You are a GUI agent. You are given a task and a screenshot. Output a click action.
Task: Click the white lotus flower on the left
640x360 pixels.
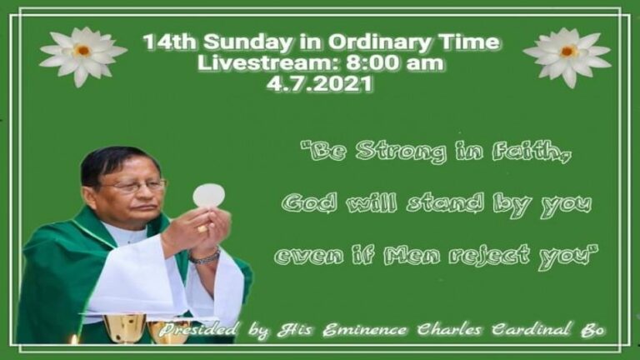coord(83,57)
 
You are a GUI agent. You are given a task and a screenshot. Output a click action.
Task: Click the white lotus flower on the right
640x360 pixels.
coord(567,57)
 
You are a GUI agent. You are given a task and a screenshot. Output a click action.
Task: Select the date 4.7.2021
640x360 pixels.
coord(320,83)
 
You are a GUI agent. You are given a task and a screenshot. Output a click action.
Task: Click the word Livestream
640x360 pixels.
coord(269,63)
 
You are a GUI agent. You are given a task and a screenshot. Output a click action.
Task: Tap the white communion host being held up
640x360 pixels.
coord(208,196)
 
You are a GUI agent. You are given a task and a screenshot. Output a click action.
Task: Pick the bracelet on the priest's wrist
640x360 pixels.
coord(204,257)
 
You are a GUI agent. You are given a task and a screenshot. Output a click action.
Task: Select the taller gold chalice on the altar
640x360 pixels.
coord(124,327)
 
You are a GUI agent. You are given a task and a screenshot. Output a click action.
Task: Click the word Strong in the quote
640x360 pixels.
coord(400,152)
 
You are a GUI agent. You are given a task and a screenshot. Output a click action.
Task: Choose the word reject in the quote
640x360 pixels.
coord(488,256)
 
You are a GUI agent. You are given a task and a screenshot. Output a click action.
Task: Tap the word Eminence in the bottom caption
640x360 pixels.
coord(364,330)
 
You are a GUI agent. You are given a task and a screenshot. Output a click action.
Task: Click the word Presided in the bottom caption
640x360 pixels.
coord(198,330)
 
